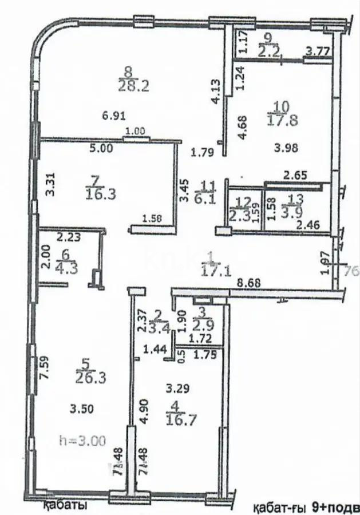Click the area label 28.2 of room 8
[128, 85]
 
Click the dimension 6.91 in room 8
[113, 114]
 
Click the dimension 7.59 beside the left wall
[40, 373]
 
